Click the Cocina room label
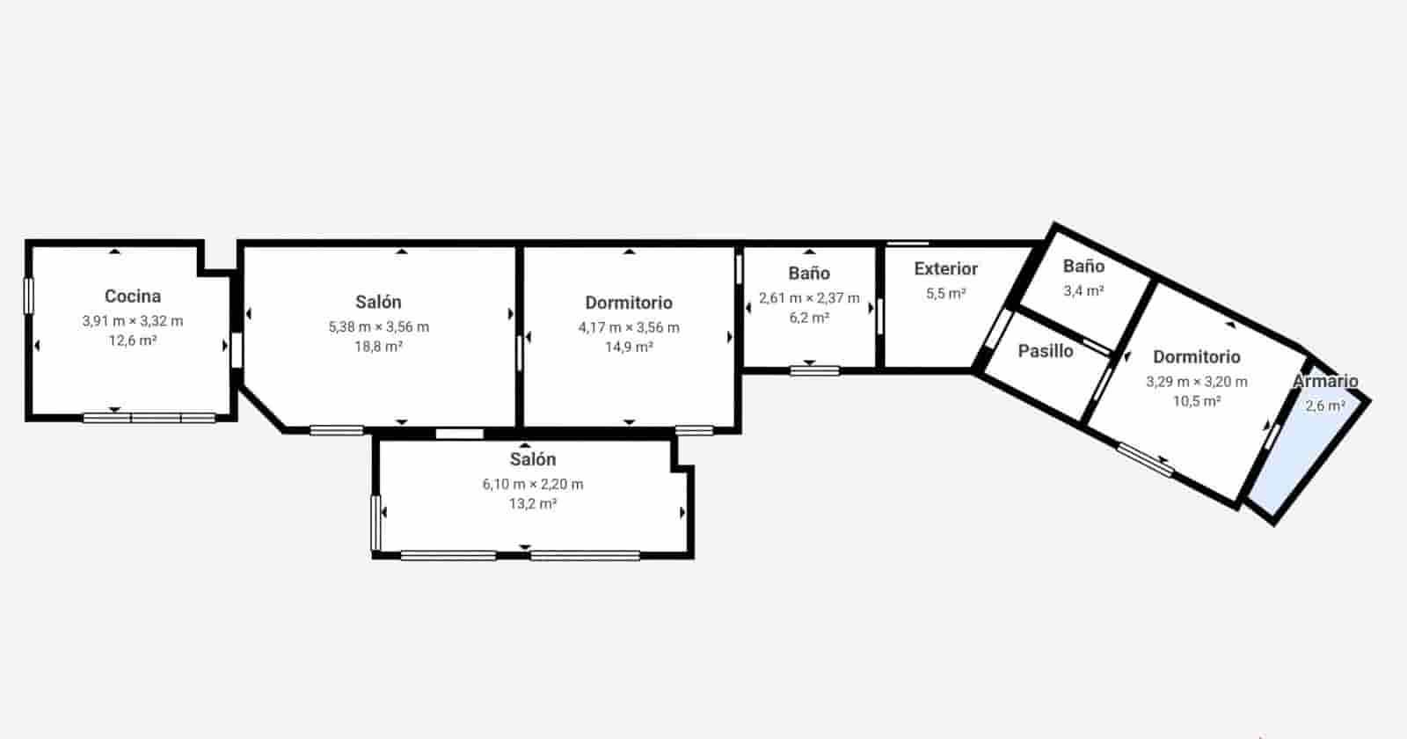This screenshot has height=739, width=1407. point(133,296)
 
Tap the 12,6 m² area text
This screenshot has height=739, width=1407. point(133,340)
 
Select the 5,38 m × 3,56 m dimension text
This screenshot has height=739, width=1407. point(379,326)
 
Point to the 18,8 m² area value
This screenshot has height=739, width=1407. point(379,347)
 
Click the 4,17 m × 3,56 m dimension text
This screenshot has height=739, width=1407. point(629,327)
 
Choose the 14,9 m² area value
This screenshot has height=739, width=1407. point(629,348)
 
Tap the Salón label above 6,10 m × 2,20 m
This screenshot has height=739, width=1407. point(533,459)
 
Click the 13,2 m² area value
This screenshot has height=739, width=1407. point(533,504)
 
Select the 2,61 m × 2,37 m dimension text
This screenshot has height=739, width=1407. point(809,298)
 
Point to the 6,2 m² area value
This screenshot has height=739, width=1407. point(809,318)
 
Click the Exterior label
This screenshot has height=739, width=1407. point(945,269)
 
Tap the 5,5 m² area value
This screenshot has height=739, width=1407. point(945,294)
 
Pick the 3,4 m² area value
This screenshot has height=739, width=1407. point(1083,290)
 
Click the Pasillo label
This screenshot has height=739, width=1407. point(1046,351)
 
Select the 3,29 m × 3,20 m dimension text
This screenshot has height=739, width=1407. point(1197,382)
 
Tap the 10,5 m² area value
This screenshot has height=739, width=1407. point(1197,401)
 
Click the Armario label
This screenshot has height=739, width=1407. point(1325,382)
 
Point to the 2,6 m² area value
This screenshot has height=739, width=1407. point(1325,406)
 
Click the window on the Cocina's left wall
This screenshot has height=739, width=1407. point(28,296)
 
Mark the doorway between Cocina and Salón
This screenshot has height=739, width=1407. point(236,349)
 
